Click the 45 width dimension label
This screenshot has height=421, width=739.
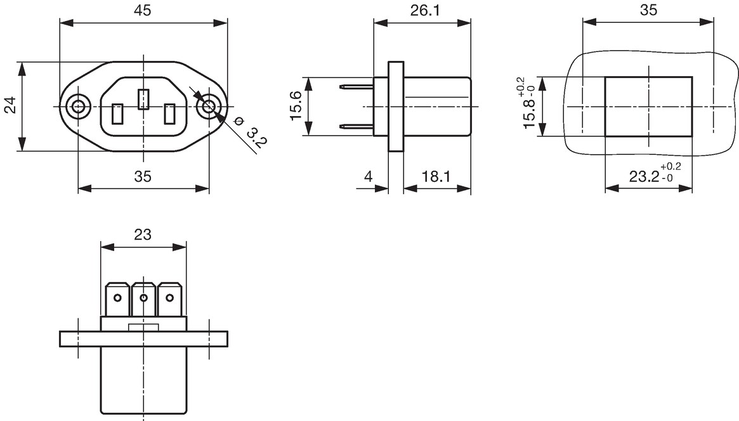(143, 10)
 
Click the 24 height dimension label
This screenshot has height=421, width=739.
(11, 105)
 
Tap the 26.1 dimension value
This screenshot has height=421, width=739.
(425, 10)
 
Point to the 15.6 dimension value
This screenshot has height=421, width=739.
(296, 105)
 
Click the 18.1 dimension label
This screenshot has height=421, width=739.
(436, 177)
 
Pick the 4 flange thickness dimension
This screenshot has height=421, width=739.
(369, 177)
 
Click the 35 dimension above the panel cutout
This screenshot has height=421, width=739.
(648, 10)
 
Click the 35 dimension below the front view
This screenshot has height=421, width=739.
(143, 177)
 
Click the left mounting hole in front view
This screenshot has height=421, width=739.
(78, 107)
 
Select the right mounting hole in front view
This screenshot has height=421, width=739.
(208, 107)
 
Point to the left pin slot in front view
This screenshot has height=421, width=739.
(117, 114)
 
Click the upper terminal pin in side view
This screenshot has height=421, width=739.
(356, 86)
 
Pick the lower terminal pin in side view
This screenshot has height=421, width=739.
(356, 126)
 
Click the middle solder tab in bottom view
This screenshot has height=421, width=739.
(144, 299)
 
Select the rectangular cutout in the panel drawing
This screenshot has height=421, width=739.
(648, 107)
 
